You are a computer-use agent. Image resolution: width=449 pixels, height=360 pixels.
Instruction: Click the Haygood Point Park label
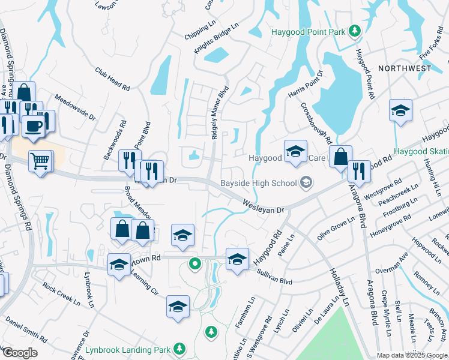[309, 31]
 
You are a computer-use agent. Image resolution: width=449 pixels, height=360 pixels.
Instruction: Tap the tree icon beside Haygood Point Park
[355, 30]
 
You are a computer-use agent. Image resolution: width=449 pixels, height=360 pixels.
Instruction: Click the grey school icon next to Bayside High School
[306, 182]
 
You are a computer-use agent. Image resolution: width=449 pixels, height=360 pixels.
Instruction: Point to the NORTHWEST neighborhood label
[405, 68]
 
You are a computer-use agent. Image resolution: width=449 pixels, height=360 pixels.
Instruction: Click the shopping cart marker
[40, 160]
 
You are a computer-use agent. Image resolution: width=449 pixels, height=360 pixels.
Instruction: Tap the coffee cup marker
[33, 126]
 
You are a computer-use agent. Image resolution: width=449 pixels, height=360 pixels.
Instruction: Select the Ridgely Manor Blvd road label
[220, 113]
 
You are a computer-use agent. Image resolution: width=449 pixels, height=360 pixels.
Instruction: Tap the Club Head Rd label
[112, 79]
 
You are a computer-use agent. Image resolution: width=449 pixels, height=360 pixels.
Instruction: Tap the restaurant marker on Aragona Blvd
[359, 171]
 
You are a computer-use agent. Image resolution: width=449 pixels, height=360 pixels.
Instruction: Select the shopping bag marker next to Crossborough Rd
[340, 157]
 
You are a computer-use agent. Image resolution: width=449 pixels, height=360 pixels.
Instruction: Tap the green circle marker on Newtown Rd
[194, 263]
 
